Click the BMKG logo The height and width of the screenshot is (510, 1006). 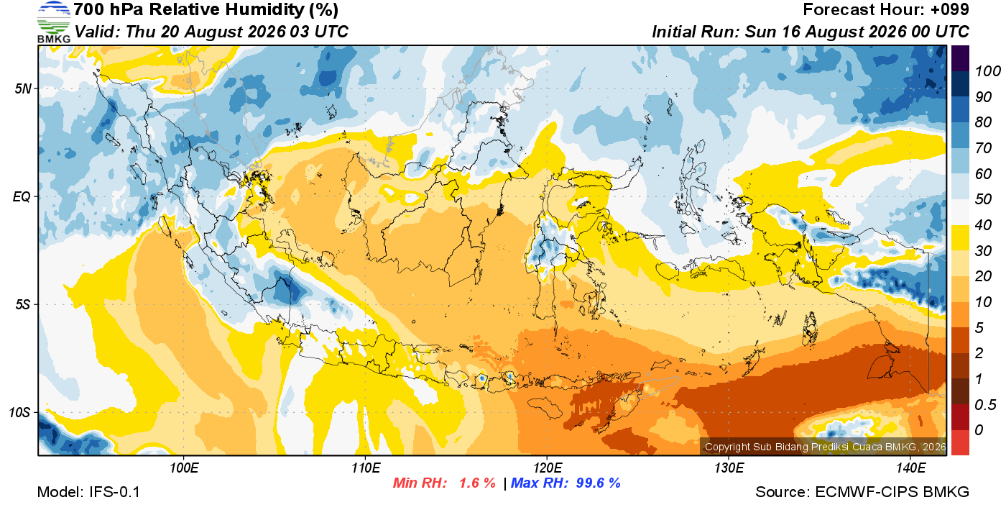54,22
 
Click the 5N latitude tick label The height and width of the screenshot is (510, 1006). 23,88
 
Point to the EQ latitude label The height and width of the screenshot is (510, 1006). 22,196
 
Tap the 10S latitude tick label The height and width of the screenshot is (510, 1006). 20,412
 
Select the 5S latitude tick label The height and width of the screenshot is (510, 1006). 23,304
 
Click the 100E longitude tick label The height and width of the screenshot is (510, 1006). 184,468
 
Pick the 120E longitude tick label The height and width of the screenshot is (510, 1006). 548,468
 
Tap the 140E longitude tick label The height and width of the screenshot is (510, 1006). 910,468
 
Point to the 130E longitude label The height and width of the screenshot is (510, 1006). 729,468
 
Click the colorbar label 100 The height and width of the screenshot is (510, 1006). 987,71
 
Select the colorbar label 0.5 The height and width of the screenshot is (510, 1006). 985,405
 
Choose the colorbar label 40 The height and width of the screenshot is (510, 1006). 983,225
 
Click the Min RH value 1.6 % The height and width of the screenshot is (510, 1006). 477,483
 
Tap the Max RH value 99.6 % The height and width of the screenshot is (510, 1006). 598,483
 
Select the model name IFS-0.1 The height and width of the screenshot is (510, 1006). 114,492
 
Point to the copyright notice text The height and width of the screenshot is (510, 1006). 825,447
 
